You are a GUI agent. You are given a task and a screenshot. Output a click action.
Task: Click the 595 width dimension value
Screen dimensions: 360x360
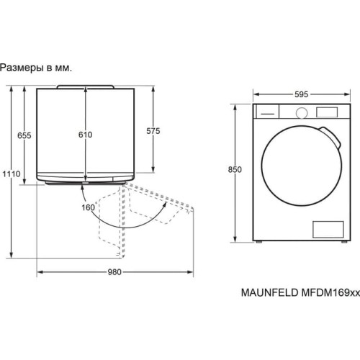click(x=301, y=94)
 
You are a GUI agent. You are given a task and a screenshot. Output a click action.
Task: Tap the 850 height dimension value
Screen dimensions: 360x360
click(x=235, y=170)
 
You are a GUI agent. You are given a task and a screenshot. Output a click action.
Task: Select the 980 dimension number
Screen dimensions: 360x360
click(x=114, y=272)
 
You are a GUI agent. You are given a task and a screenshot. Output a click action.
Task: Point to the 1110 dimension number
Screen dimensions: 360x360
click(x=12, y=174)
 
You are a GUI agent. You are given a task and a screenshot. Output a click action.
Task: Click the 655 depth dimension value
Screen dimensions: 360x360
click(x=24, y=135)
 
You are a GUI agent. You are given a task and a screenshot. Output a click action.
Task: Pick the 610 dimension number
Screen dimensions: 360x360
click(x=86, y=135)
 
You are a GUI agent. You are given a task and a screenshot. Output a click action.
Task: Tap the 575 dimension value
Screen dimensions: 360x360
click(x=153, y=131)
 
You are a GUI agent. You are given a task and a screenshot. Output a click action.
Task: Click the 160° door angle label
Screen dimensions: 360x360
click(x=89, y=207)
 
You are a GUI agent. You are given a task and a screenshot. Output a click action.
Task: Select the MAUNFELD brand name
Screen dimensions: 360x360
click(x=269, y=293)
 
